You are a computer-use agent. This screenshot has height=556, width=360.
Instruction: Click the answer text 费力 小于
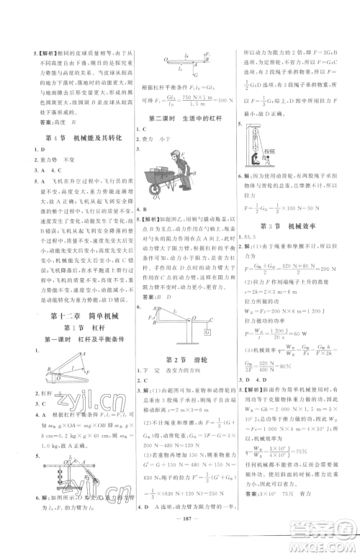pos(155,134)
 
